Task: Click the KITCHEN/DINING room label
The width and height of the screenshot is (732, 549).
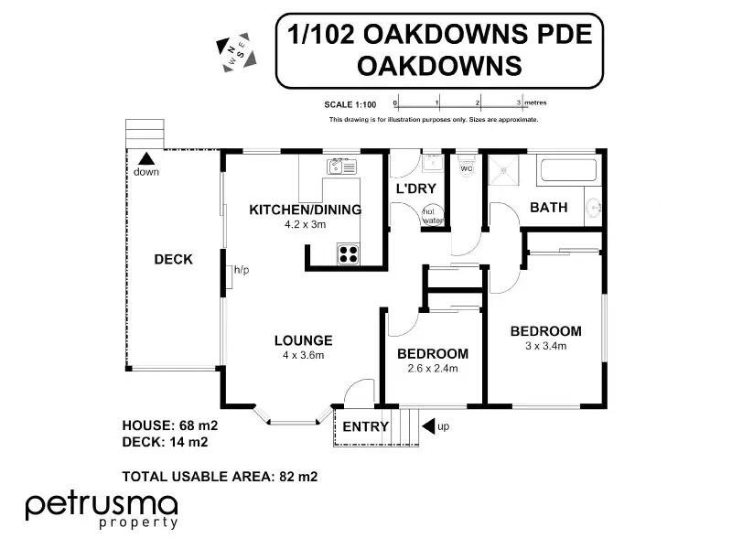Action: pos(306,210)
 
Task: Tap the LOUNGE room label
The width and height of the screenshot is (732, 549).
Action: pos(303,340)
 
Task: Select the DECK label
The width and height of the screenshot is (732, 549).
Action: pos(173,260)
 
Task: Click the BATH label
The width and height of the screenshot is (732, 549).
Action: pos(549,208)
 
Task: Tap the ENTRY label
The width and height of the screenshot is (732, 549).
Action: pos(360,426)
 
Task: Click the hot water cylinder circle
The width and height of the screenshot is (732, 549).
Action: pos(431,216)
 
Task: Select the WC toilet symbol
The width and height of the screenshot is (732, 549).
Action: pos(466,170)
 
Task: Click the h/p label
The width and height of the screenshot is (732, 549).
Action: pos(242,270)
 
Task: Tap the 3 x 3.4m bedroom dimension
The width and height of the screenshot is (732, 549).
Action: pos(545,346)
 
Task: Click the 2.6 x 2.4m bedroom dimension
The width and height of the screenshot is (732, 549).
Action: pos(433,369)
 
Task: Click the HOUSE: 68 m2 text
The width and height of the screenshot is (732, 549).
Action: pos(170,425)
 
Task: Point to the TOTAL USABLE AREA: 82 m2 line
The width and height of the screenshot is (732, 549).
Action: pos(220,476)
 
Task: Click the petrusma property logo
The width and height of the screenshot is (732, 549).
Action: pos(101,510)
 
